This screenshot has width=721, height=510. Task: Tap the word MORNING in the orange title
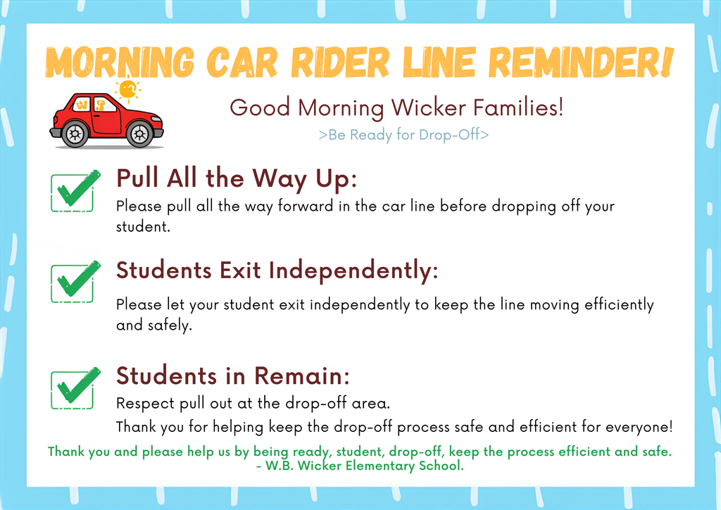[x=119, y=63]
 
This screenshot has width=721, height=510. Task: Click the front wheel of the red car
[x=139, y=132]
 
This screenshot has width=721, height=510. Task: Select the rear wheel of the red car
[x=74, y=132]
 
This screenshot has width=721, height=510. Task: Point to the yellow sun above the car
[x=127, y=90]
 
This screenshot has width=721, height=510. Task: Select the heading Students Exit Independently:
[x=277, y=270]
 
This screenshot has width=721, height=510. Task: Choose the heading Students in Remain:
[x=232, y=375]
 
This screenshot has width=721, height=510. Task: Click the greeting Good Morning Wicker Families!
[x=396, y=108]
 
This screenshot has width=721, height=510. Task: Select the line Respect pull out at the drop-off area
[x=253, y=405]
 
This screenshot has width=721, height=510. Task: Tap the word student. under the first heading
[x=143, y=228]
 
